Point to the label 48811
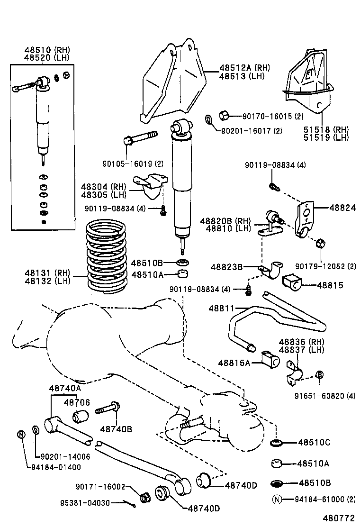point(221,309)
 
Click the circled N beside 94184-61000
point(276,499)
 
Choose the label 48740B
point(116,429)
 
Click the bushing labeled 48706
point(81,417)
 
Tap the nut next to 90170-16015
point(225,115)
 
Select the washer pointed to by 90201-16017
point(209,118)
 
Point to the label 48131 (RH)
point(47,273)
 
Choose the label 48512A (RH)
point(244,67)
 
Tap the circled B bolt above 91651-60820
point(320,375)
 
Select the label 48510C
point(314,443)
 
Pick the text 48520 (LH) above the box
point(47,57)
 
